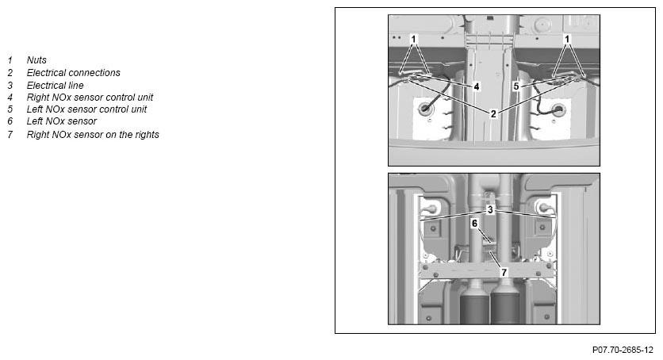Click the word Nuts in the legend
[x=36, y=60]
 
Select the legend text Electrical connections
[x=73, y=73]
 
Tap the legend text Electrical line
[x=55, y=86]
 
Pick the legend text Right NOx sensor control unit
[x=90, y=98]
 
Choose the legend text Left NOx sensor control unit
[x=86, y=109]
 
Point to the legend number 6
[x=10, y=121]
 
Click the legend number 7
[x=10, y=135]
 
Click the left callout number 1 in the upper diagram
[x=413, y=40]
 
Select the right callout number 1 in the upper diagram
[x=567, y=40]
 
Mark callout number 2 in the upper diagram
[x=493, y=113]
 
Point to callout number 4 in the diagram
[x=477, y=86]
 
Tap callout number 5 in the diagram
[x=515, y=86]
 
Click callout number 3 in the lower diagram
[x=489, y=209]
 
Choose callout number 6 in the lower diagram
[x=474, y=223]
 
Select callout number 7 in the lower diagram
[x=504, y=273]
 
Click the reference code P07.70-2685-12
[x=623, y=350]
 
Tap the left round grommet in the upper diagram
[x=425, y=109]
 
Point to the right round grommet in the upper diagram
[x=559, y=110]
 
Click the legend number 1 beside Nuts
[x=10, y=60]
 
